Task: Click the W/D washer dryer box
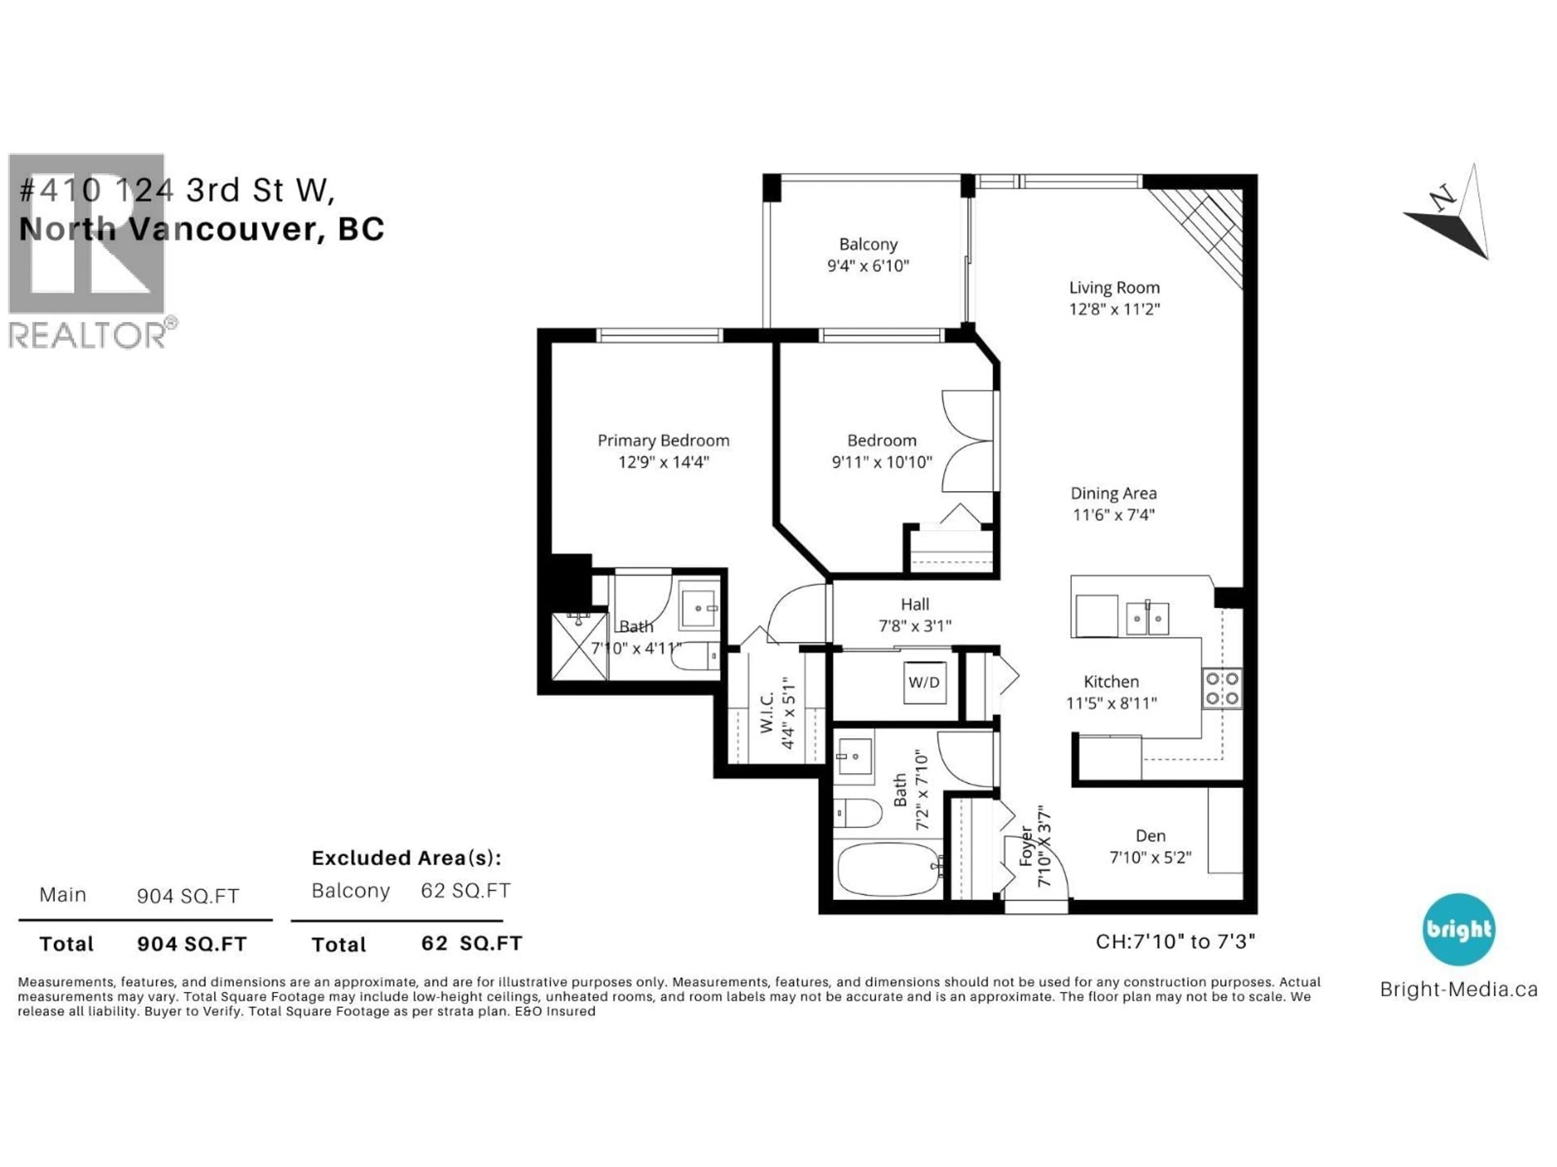pyautogui.click(x=924, y=682)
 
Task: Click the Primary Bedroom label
pyautogui.click(x=663, y=440)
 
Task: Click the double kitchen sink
pyautogui.click(x=1147, y=618)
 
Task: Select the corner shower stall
pyautogui.click(x=579, y=646)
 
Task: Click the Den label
pyautogui.click(x=1150, y=836)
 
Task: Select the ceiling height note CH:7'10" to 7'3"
pyautogui.click(x=1175, y=941)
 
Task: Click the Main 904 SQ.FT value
pyautogui.click(x=188, y=896)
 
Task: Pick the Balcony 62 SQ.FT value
pyautogui.click(x=465, y=891)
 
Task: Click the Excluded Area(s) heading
pyautogui.click(x=406, y=858)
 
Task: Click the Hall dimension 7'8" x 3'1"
pyautogui.click(x=915, y=625)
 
